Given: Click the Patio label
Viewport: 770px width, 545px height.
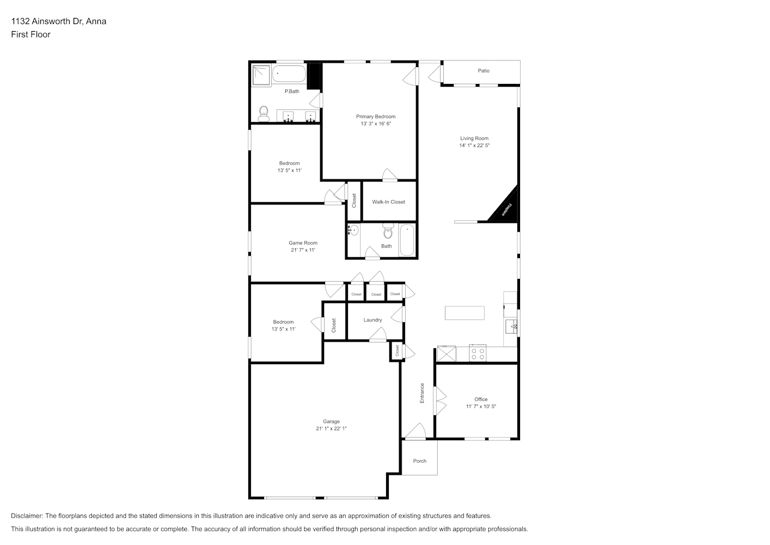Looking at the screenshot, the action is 484,70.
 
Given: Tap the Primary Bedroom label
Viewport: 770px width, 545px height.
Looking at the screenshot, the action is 376,116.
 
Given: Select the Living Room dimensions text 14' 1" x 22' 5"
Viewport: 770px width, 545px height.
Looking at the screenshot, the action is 474,145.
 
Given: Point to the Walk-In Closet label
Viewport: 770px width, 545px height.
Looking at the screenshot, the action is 388,202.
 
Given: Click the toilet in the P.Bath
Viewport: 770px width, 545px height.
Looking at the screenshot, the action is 264,113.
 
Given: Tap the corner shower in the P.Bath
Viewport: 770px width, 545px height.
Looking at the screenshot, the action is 261,75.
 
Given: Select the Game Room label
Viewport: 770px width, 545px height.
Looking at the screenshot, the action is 303,243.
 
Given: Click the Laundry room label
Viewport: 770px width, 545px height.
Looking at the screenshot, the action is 372,320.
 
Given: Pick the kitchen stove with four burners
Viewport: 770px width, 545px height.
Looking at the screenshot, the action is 478,353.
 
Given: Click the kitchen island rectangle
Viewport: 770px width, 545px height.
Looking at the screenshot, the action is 465,313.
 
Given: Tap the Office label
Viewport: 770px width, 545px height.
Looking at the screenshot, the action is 481,399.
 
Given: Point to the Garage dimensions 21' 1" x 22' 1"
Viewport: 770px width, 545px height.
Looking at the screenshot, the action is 332,428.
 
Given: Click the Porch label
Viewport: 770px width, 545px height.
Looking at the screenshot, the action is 420,461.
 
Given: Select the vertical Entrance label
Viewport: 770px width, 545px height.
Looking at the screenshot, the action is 422,393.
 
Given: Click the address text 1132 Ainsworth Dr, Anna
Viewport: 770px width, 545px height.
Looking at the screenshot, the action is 59,21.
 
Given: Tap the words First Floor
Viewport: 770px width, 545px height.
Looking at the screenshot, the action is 30,34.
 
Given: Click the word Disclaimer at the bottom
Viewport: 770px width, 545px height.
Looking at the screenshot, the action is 27,516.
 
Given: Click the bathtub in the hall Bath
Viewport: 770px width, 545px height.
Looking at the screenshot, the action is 407,240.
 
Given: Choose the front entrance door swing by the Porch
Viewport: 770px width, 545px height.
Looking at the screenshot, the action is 416,431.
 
